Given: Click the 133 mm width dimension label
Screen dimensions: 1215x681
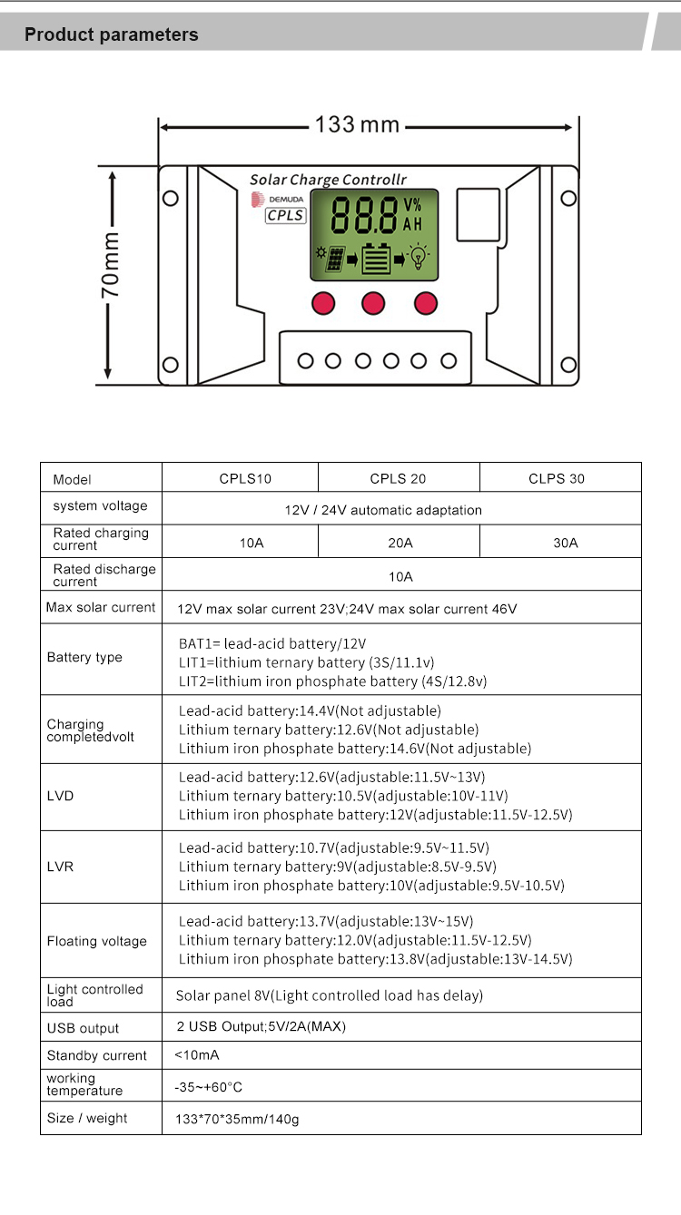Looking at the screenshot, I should [x=357, y=124].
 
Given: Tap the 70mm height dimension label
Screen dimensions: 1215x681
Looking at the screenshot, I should [x=110, y=265].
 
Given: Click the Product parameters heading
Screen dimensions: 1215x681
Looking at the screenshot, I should [x=111, y=34].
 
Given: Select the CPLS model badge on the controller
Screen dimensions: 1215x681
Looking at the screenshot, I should [x=285, y=215].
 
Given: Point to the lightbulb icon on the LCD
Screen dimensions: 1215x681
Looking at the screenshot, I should [x=418, y=258].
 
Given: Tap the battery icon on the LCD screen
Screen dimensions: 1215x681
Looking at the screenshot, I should [x=375, y=259].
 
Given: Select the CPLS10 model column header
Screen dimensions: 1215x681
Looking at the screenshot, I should [x=245, y=478].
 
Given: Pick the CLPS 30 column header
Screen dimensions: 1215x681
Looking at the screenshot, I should [x=557, y=478].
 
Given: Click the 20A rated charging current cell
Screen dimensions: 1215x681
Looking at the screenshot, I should [x=400, y=543].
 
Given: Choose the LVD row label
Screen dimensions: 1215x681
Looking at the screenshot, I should [x=60, y=796].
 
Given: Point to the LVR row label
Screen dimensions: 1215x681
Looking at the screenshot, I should [x=60, y=867].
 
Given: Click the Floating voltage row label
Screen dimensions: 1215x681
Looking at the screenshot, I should [x=96, y=941].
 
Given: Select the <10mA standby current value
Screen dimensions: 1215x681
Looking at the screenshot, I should [x=196, y=1054].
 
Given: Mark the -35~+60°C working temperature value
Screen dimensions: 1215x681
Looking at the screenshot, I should [x=208, y=1086].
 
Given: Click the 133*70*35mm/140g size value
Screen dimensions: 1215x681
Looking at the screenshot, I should [x=236, y=1119].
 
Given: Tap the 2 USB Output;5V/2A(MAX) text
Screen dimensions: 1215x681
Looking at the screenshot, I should [x=261, y=1026].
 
